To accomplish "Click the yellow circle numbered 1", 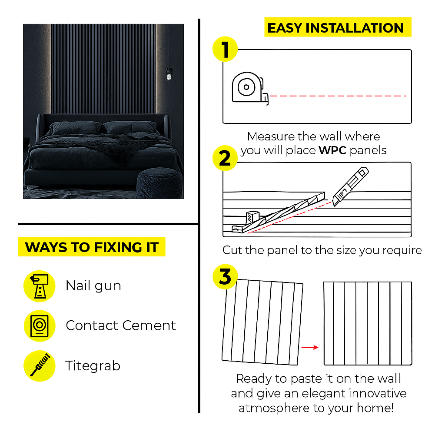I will (225, 50).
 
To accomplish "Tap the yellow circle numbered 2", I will (225, 158).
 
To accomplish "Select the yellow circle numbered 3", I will (225, 277).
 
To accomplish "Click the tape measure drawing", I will (249, 88).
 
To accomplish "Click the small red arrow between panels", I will (309, 347).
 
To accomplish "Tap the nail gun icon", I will (39, 286).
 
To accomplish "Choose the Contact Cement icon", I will (39, 325).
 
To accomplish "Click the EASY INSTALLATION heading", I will (335, 28).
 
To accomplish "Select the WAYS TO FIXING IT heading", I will (92, 247).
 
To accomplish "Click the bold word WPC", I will (332, 151).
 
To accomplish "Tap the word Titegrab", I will (93, 366).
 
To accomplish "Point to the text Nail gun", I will (93, 286).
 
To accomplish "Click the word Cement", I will (149, 325).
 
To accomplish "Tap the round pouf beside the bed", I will (159, 182).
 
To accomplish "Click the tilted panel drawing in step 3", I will (262, 322).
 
